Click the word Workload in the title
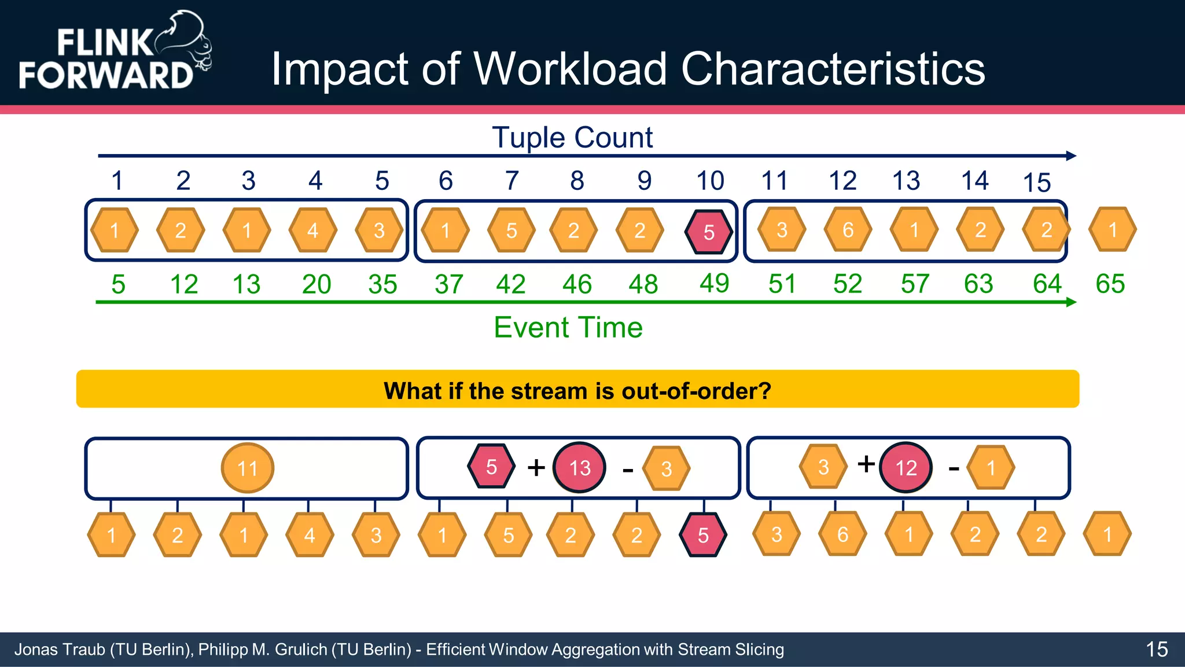coord(570,69)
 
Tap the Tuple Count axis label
coord(572,138)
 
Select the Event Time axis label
coord(568,328)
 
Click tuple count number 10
coord(710,181)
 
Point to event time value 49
coord(714,283)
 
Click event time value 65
coord(1110,284)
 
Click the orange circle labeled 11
coord(247,468)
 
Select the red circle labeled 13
coord(579,468)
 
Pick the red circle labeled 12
coord(906,468)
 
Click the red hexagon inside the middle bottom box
coord(491,467)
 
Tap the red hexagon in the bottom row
coord(702,535)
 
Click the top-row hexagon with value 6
coord(848,230)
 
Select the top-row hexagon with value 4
coord(312,230)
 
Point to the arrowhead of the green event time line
coord(1071,302)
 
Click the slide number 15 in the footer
coord(1157,649)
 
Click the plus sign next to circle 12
coord(866,464)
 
